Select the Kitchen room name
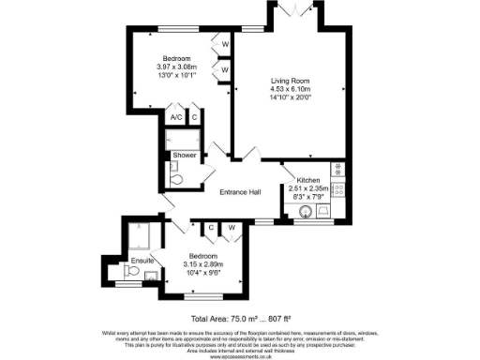pos(309,180)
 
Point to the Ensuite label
pos(142,259)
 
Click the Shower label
pos(184,156)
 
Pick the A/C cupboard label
pos(175,117)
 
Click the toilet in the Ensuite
pos(134,273)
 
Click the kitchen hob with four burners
pos(338,188)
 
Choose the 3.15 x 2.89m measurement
pos(202,264)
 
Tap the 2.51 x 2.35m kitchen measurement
pos(309,188)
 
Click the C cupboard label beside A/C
pos(195,117)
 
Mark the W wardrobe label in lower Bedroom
pos(231,227)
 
